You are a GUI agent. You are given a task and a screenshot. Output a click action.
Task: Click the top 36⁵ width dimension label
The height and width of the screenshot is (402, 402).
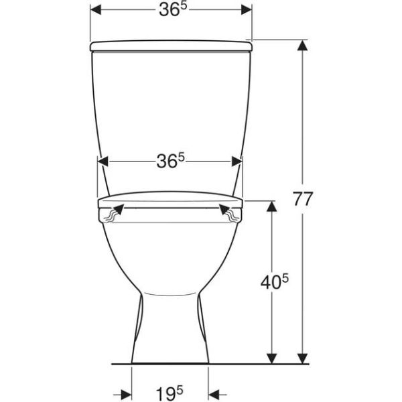coord(174,10)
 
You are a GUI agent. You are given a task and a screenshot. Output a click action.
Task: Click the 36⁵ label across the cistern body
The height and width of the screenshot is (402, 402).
coord(170,161)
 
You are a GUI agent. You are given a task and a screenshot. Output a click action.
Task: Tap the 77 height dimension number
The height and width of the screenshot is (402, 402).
coord(303,199)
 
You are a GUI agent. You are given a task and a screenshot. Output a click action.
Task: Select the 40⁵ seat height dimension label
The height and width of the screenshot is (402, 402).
coord(274,281)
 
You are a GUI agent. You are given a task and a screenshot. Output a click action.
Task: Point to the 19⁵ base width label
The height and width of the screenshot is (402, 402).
coord(170,393)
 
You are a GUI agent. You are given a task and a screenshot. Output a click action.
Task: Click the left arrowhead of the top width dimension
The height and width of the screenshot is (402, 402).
coord(96,10)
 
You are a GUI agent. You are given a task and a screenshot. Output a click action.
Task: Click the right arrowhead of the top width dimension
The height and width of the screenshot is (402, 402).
coord(247,10)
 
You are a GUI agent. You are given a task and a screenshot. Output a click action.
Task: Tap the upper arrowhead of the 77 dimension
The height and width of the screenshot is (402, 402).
coord(303,46)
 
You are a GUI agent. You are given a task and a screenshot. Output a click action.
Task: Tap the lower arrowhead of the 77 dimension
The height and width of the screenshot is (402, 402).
coord(303,358)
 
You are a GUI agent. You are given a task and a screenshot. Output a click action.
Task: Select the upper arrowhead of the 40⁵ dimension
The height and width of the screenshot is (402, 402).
coord(272,206)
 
